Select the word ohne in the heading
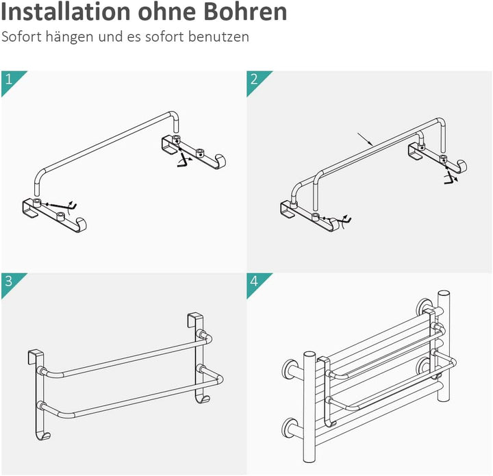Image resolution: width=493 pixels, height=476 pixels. pyautogui.click(x=165, y=12)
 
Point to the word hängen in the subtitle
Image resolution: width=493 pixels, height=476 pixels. pyautogui.click(x=66, y=37)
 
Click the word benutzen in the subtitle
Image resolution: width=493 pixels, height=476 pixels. pyautogui.click(x=222, y=37)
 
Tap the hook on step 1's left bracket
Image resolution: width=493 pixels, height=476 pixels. pyautogui.click(x=83, y=223)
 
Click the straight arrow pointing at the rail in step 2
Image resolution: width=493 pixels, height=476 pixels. pyautogui.click(x=364, y=139)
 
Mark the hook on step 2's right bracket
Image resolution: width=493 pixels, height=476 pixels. pyautogui.click(x=462, y=166)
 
